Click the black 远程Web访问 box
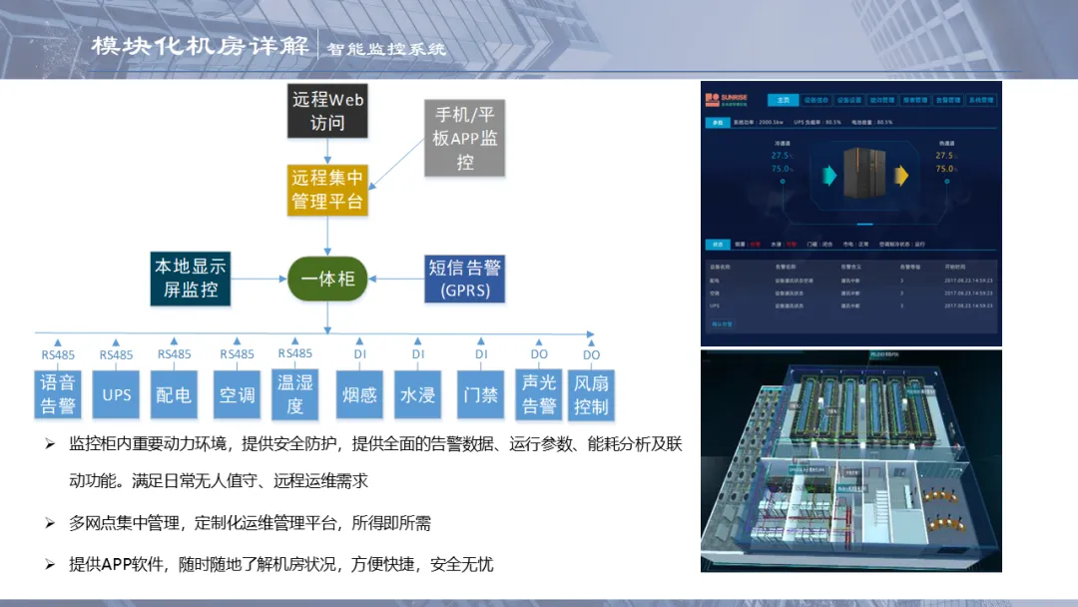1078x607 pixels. click(327, 112)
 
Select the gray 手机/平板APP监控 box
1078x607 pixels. click(465, 138)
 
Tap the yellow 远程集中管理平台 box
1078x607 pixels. click(327, 190)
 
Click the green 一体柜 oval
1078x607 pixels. click(328, 280)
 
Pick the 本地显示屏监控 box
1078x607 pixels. click(190, 279)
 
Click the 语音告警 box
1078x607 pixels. click(58, 394)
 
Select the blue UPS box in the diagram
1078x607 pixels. click(117, 395)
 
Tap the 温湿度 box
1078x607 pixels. click(295, 394)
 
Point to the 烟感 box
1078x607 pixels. click(359, 395)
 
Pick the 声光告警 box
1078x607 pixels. click(539, 394)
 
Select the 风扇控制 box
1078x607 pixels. click(591, 394)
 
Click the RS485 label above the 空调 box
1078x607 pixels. click(237, 354)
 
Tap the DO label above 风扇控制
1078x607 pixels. click(592, 354)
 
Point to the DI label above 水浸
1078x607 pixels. click(418, 353)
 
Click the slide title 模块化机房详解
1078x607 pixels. click(200, 47)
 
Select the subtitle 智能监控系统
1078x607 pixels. click(387, 48)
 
